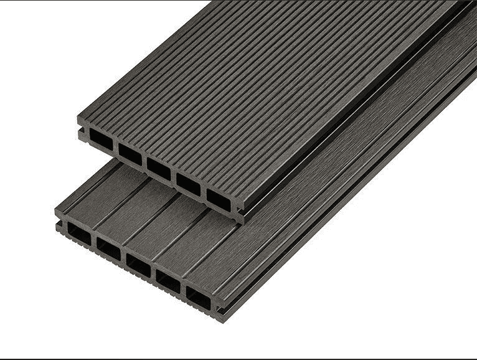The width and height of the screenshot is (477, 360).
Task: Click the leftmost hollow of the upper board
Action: [x=101, y=140]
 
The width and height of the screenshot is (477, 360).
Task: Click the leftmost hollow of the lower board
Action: [x=79, y=234]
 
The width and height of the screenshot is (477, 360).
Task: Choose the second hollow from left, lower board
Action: [x=108, y=249]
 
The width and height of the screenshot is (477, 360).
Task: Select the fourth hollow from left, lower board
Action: [x=168, y=282]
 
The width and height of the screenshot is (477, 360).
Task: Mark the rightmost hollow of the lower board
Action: [x=199, y=298]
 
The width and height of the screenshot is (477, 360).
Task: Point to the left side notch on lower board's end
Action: [x=59, y=223]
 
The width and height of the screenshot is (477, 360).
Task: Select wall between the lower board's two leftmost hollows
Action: [x=93, y=242]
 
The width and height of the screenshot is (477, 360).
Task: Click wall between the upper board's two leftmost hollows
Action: [x=116, y=147]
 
